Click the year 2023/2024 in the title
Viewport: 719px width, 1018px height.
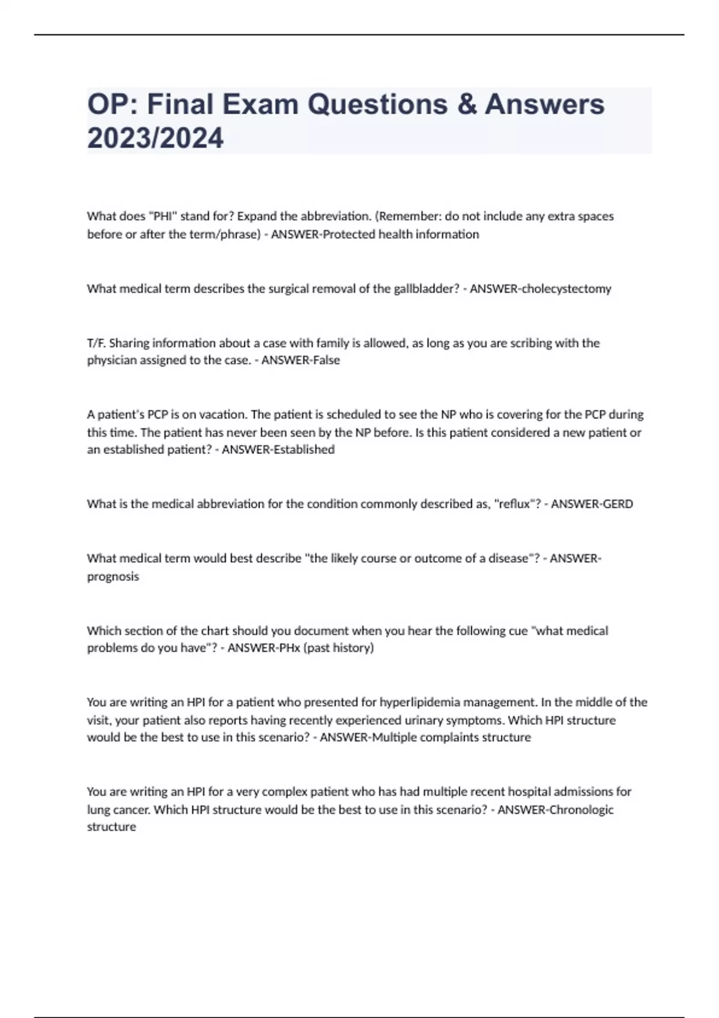point(155,138)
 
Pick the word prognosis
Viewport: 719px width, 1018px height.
point(113,576)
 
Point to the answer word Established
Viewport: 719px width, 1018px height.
point(304,449)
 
